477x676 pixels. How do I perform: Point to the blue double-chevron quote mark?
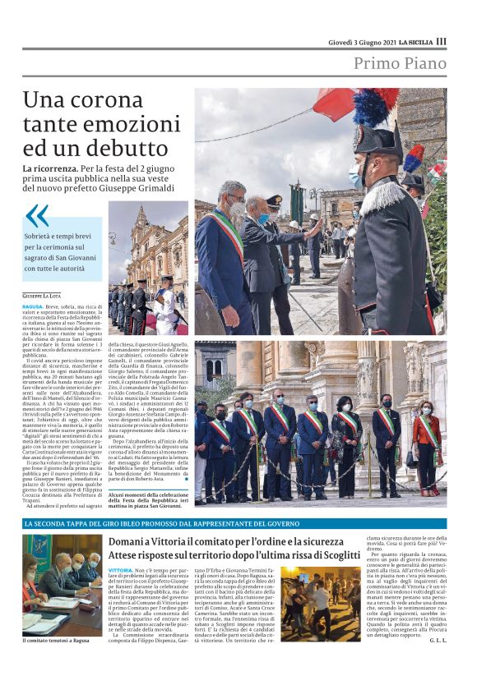click(37, 216)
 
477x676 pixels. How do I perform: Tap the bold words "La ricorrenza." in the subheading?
click(50, 168)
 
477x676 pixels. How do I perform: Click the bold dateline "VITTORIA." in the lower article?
click(120, 569)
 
